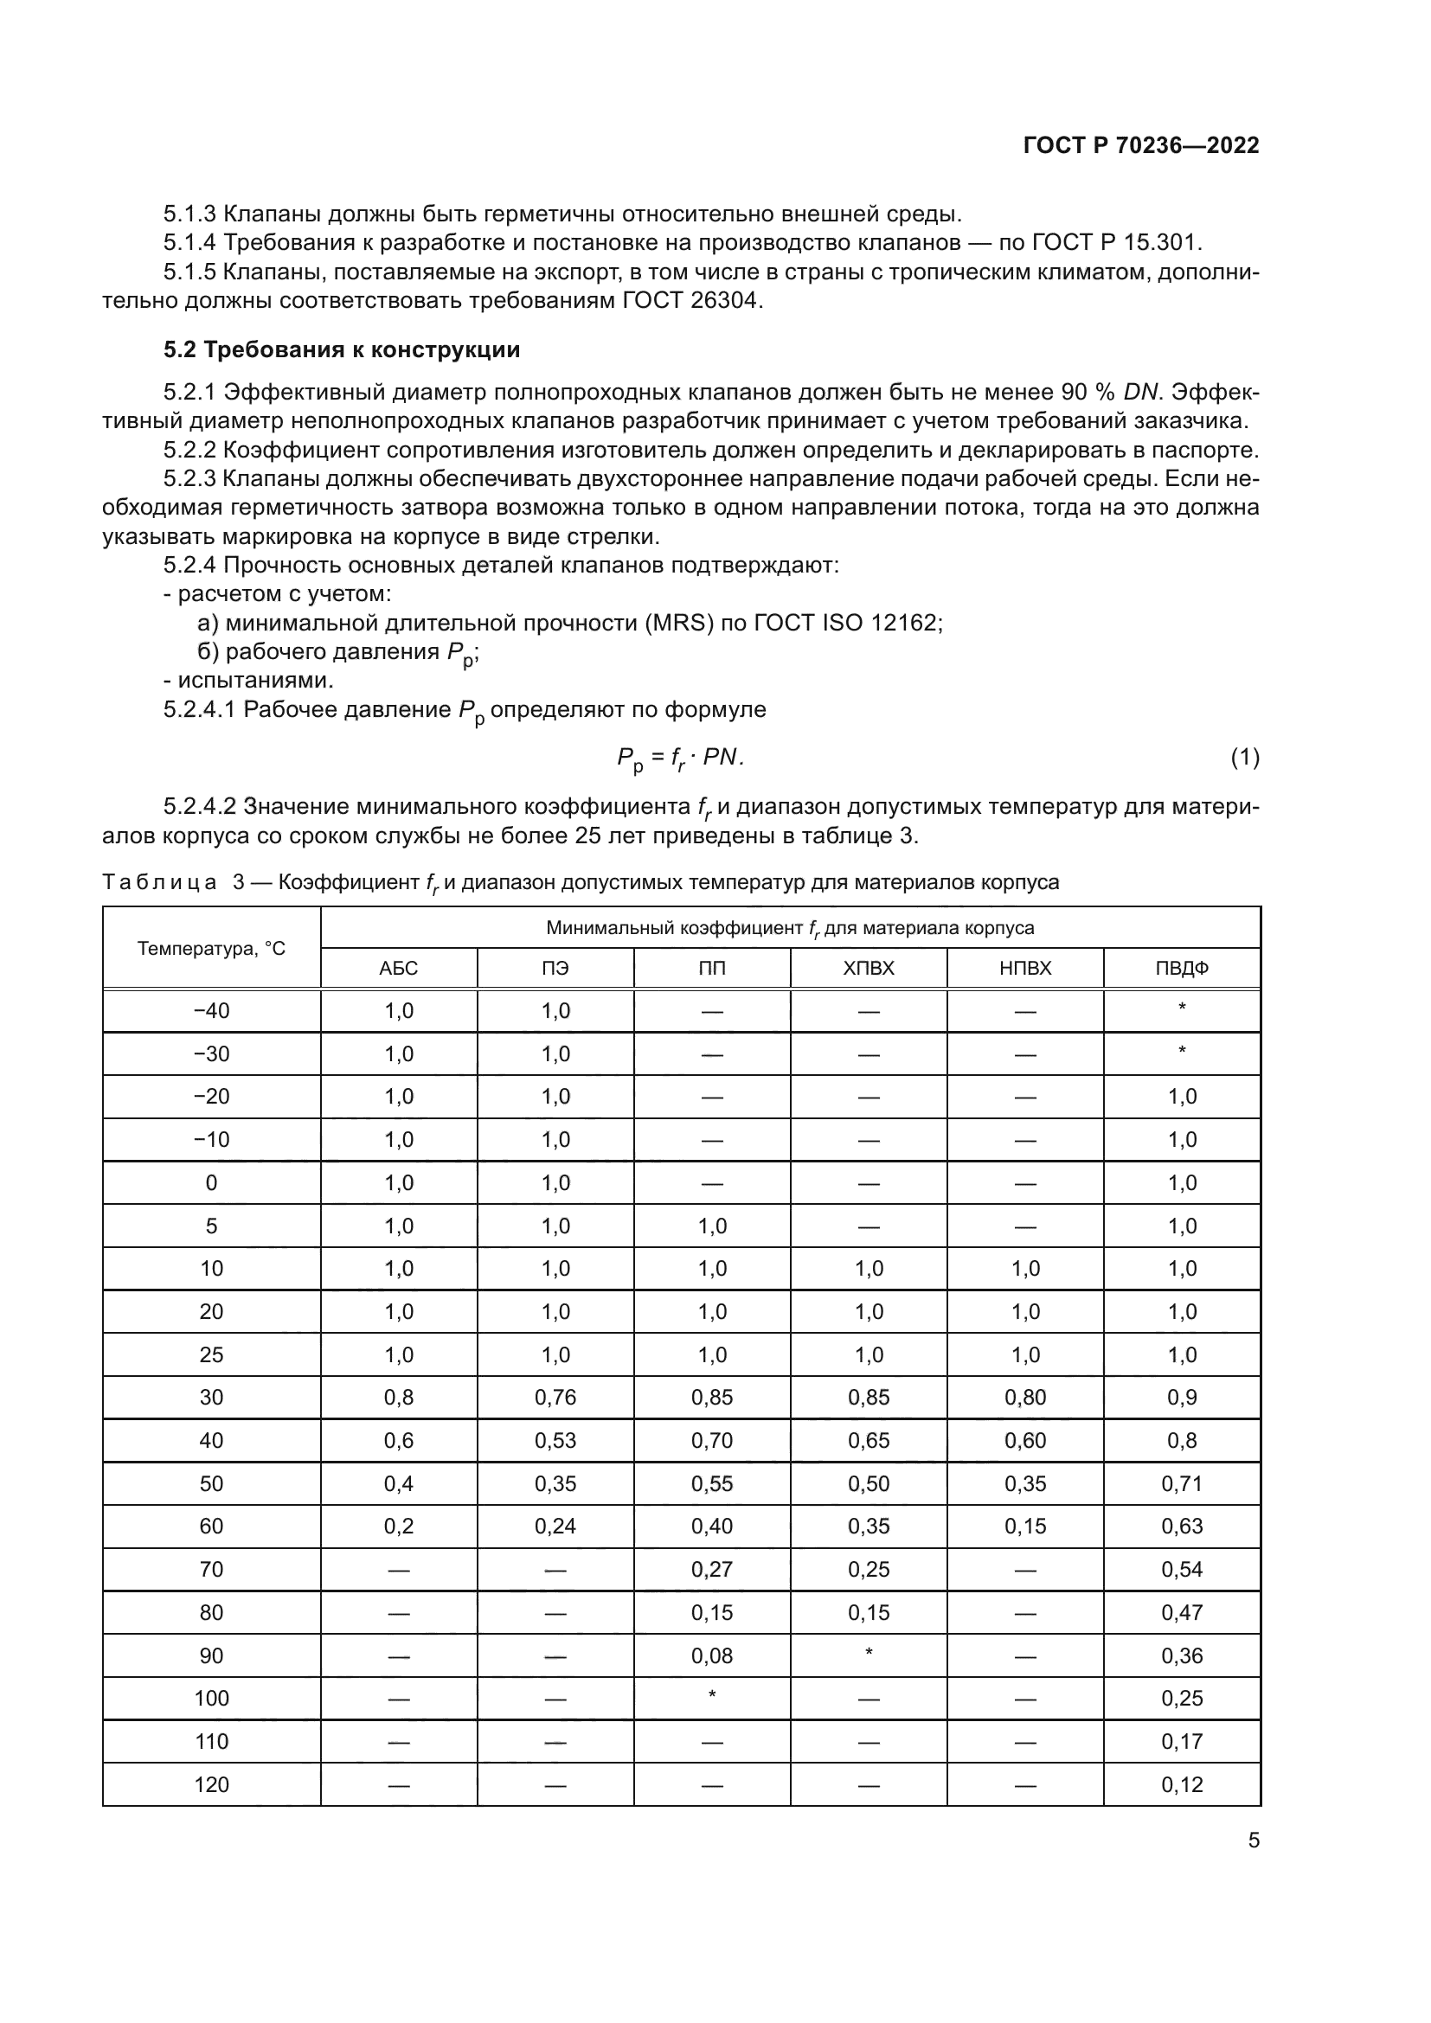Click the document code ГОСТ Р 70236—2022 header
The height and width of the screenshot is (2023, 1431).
[1141, 146]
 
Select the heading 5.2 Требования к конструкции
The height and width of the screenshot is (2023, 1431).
[341, 350]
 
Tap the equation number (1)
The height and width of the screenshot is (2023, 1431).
[1244, 757]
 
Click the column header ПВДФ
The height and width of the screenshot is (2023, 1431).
[1181, 969]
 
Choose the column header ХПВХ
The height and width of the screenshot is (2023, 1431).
[868, 969]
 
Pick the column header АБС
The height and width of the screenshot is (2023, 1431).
[398, 969]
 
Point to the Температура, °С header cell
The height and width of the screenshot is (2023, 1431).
[211, 949]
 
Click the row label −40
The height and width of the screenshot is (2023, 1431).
[211, 1010]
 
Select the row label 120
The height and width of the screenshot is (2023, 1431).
[211, 1784]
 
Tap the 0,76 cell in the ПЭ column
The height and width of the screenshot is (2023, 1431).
[555, 1398]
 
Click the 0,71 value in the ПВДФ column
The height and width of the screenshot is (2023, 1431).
[1181, 1484]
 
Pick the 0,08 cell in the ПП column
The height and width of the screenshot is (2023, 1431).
[712, 1655]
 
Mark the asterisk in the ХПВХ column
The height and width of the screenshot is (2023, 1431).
[868, 1653]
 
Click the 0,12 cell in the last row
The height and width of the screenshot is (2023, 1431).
[1181, 1784]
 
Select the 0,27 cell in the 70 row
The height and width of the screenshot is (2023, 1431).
[712, 1569]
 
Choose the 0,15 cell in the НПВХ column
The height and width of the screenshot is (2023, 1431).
[1024, 1526]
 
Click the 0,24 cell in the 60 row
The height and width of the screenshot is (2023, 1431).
[555, 1526]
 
